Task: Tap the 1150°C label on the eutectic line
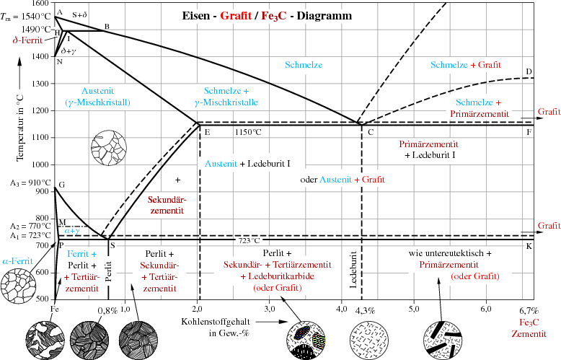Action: click(x=249, y=132)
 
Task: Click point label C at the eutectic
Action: click(x=370, y=132)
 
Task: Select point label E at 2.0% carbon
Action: click(x=207, y=132)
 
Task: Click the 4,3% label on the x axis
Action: click(x=365, y=310)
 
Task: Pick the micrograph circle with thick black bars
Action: click(x=441, y=338)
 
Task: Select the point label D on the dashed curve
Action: click(x=529, y=71)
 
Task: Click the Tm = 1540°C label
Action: click(x=26, y=16)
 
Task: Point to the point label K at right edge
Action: click(x=529, y=246)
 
